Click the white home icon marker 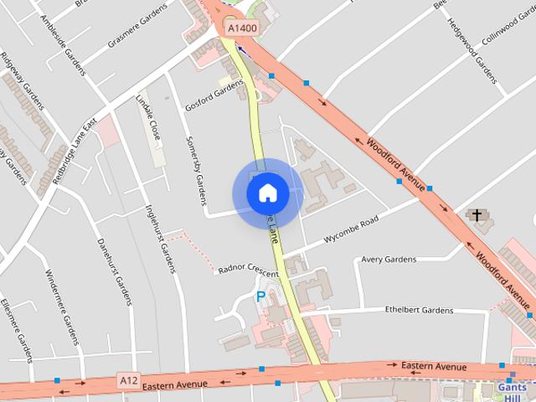(267, 193)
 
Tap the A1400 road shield (242, 28)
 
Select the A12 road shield (127, 381)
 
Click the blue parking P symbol (260, 296)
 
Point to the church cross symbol (477, 216)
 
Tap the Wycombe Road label (351, 229)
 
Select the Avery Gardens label (389, 260)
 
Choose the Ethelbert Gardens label (419, 310)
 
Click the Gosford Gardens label (216, 95)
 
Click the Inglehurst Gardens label (160, 238)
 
